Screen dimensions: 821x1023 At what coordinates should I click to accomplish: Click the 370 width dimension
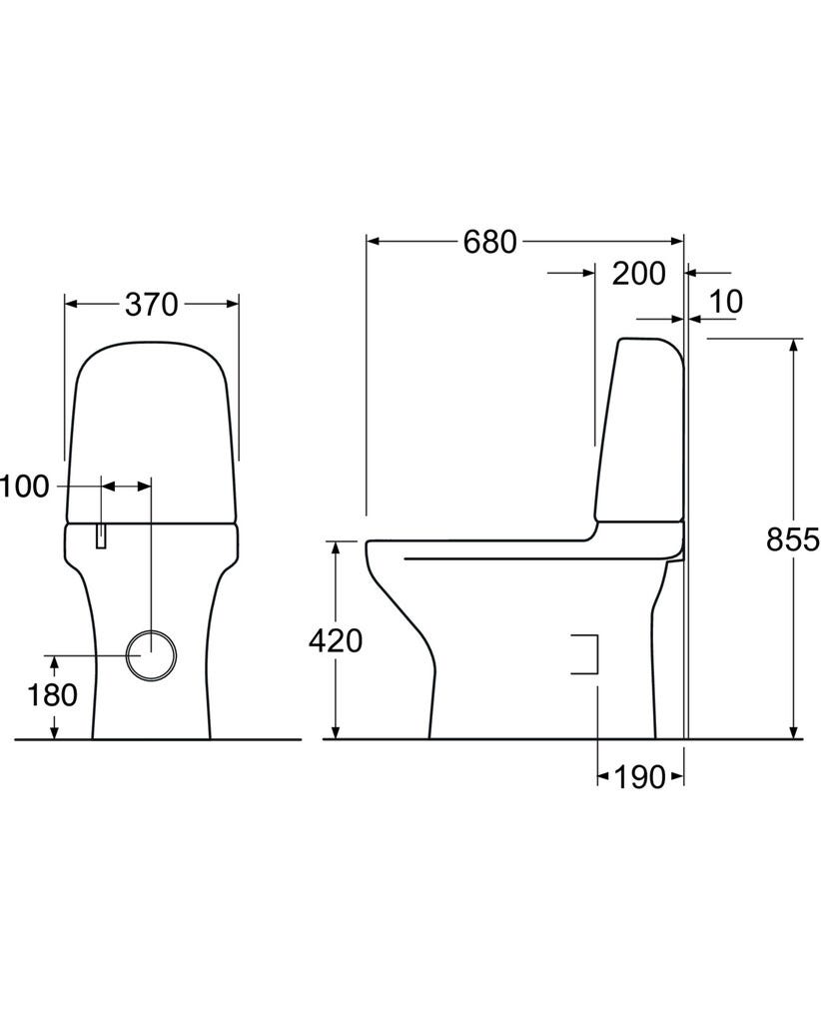pos(151,305)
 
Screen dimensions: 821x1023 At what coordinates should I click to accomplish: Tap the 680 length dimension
pos(489,242)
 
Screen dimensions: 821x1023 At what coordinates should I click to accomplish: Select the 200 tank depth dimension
pos(638,274)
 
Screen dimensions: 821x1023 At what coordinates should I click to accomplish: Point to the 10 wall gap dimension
pos(725,302)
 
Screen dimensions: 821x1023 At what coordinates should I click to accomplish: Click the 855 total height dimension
pos(792,539)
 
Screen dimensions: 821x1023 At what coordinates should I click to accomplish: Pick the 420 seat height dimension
pos(336,641)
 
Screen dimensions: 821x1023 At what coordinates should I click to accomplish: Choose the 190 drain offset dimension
pos(639,777)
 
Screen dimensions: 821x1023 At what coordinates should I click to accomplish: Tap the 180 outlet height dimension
pos(52,695)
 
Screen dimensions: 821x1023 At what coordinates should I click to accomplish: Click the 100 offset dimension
pos(24,487)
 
